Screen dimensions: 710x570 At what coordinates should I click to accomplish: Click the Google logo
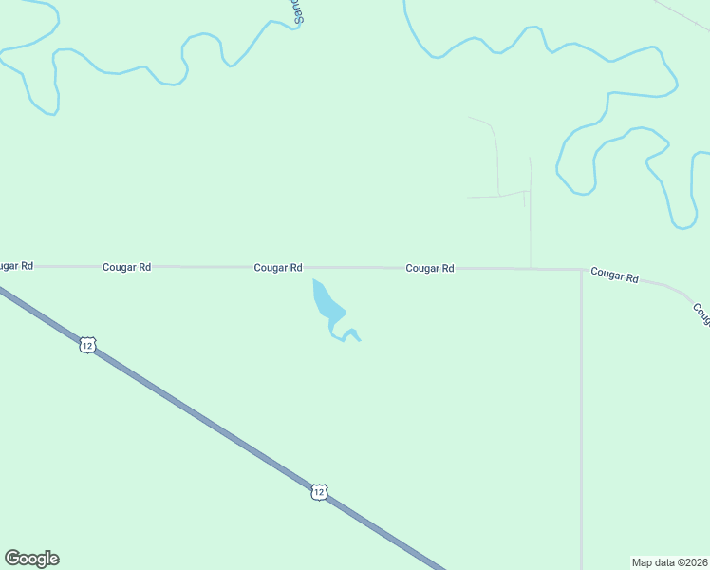coord(32,559)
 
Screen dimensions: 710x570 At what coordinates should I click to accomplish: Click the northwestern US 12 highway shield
coord(87,346)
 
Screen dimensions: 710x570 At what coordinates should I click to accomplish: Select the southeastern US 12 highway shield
coord(319,491)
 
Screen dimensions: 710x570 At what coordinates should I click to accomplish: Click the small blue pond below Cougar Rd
coord(327,303)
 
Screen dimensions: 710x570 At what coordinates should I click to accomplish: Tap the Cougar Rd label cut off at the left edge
coord(16,266)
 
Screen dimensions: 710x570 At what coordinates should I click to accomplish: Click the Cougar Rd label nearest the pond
coord(278,268)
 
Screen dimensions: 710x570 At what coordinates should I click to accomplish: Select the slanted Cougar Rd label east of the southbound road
coord(614,275)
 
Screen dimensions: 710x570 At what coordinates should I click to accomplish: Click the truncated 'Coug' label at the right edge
coord(701,314)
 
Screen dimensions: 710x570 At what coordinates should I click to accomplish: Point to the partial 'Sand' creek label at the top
coord(297,10)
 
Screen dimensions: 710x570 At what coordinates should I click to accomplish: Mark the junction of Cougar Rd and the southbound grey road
coord(581,269)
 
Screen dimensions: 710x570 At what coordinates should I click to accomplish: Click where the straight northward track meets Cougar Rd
coord(530,268)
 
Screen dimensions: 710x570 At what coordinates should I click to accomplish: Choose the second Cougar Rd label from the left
coord(127,268)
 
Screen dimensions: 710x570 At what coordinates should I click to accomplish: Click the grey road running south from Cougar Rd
coord(581,418)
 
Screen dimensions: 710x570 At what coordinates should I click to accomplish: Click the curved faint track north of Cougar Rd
coord(495,152)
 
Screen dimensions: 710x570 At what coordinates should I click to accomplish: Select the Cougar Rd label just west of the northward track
coord(430,268)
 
